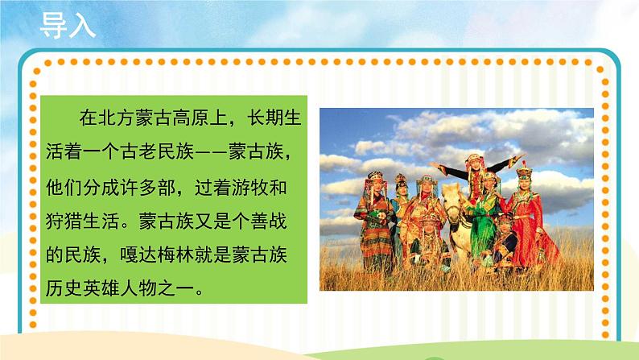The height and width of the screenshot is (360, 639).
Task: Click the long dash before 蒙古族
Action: click(x=223, y=151)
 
